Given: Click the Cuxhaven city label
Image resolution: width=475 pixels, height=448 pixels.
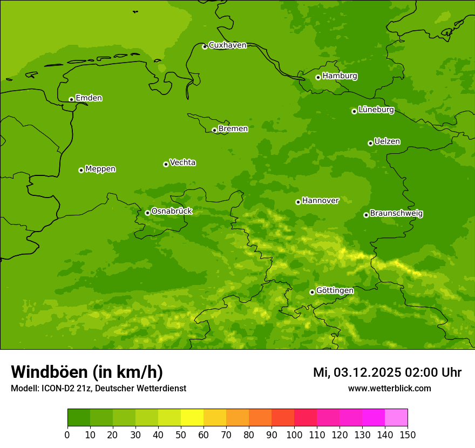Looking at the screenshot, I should [227, 45].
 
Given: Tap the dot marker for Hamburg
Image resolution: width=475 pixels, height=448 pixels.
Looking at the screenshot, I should [318, 77].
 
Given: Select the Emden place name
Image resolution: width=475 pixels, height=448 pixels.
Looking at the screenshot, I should [89, 98].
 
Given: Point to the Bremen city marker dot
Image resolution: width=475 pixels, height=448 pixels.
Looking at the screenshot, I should [214, 130].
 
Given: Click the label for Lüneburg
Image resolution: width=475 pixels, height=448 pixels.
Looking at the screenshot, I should [376, 110].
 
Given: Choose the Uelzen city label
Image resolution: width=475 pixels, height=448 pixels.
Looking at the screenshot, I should [387, 142].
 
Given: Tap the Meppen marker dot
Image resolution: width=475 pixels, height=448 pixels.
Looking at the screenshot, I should [81, 170].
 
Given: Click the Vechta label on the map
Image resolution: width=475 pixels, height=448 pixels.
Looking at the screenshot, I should [182, 162].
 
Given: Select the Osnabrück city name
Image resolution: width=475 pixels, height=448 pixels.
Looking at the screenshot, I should [172, 212].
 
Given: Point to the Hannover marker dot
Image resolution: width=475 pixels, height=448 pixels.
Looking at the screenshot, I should [298, 202].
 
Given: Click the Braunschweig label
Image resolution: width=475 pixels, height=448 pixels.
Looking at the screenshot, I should [396, 214].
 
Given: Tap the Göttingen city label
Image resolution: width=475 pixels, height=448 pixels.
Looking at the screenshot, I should [335, 291].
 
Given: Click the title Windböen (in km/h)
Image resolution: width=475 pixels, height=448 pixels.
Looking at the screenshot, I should [87, 372].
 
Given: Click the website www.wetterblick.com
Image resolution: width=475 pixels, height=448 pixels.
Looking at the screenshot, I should [389, 389].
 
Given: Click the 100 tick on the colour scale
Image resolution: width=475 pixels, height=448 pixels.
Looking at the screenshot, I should [294, 435].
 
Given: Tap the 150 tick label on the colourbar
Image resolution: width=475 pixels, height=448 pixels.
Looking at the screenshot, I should [408, 435].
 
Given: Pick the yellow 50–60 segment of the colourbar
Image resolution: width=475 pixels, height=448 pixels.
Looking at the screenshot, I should [192, 418].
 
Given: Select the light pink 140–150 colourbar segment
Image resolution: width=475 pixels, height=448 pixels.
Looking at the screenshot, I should [396, 418].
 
